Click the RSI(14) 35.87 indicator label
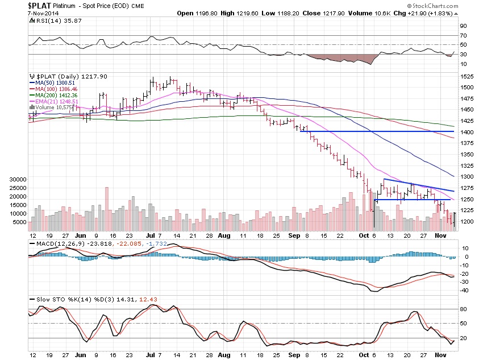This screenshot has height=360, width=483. click(52, 20)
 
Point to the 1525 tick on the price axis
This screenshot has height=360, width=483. click(465, 76)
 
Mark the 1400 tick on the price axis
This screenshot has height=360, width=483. click(465, 132)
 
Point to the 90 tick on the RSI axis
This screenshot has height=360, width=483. click(464, 26)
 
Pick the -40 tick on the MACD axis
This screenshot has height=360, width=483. click(464, 290)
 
